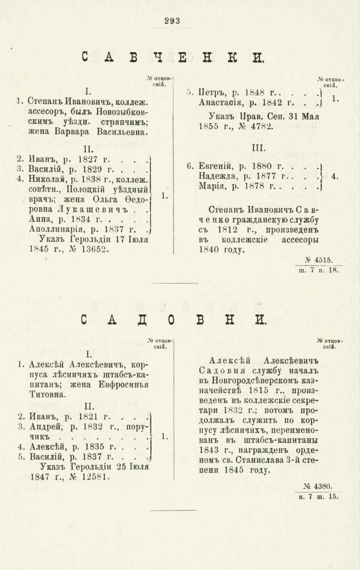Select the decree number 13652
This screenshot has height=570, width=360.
[95, 248]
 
